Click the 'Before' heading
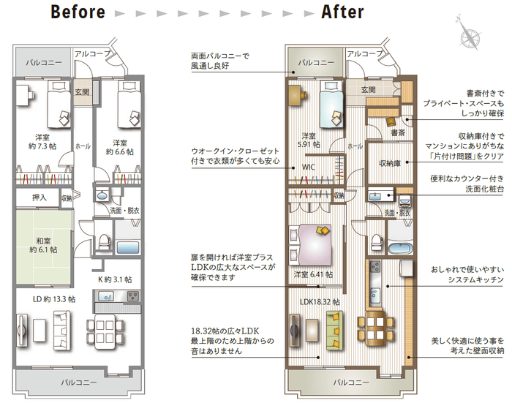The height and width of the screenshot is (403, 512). click(x=78, y=12)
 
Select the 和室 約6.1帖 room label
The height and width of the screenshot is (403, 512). click(x=43, y=244)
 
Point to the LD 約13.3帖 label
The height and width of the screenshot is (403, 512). click(x=54, y=298)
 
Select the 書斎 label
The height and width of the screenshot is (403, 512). click(x=398, y=133)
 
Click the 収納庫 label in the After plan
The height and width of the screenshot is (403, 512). click(x=389, y=163)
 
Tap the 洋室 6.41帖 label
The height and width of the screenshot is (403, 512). click(x=313, y=275)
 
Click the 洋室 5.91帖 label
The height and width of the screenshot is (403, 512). click(x=309, y=140)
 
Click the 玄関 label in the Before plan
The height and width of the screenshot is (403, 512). click(x=82, y=92)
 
